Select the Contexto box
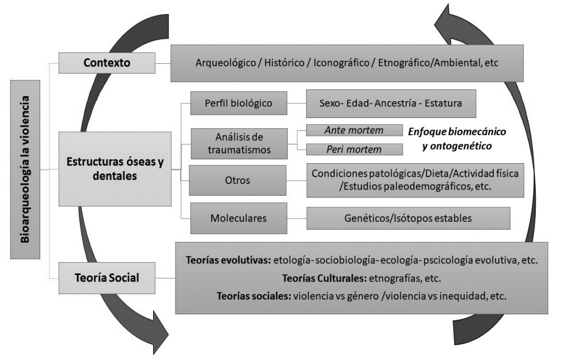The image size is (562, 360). click(107, 63)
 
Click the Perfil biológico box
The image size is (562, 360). click(239, 103)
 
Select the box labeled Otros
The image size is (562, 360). click(239, 180)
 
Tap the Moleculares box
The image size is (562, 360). click(239, 218)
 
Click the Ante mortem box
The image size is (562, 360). click(354, 130)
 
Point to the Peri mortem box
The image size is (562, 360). click(354, 150)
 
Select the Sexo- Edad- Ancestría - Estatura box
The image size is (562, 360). click(390, 103)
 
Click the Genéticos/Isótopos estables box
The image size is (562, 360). click(408, 218)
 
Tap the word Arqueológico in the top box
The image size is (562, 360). click(222, 63)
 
